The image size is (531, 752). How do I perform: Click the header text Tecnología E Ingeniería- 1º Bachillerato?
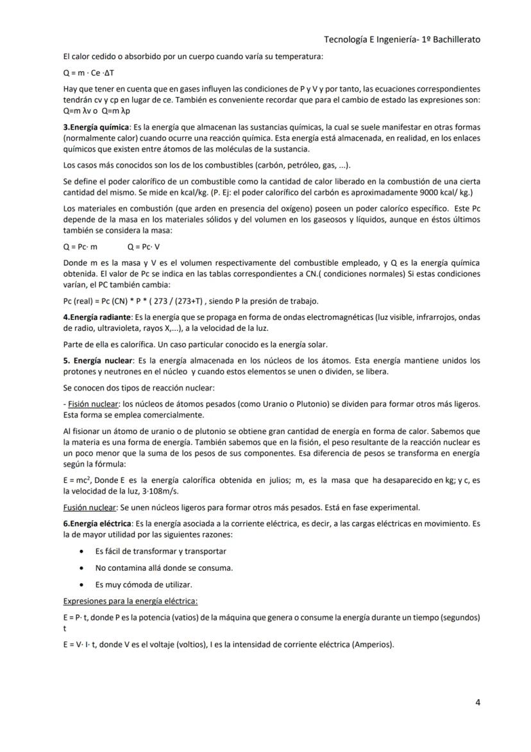[402, 40]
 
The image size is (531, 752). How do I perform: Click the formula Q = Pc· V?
[144, 246]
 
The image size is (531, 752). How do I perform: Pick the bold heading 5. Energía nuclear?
[99, 361]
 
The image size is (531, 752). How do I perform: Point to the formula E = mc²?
[78, 480]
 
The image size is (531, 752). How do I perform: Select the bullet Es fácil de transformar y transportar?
[160, 551]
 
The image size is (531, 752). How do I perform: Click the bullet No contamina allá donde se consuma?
[164, 568]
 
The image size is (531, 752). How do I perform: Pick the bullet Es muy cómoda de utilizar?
[143, 584]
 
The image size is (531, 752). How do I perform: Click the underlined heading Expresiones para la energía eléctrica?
[130, 601]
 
